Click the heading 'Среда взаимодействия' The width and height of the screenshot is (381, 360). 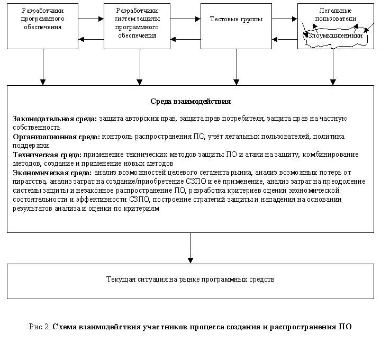pos(190,101)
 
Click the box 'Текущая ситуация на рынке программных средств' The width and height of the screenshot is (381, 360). pos(190,279)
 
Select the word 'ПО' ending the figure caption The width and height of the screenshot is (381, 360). pos(345,327)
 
